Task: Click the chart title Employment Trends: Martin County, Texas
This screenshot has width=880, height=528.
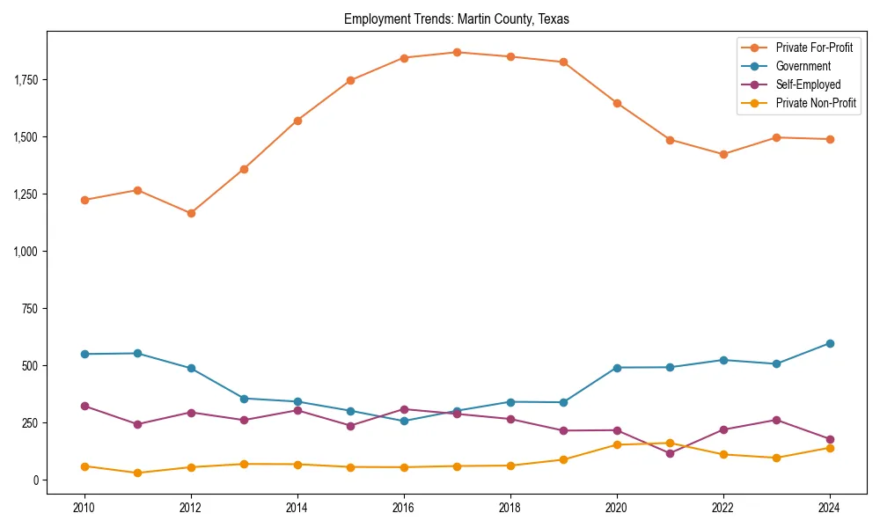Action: coord(457,19)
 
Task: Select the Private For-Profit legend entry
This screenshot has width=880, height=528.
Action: coord(813,48)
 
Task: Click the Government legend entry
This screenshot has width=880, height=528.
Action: coord(803,66)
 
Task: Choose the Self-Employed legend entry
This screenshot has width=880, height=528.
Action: coord(808,84)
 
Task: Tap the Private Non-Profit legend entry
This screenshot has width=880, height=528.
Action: coord(816,103)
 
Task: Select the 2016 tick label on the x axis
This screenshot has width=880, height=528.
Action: coord(404,508)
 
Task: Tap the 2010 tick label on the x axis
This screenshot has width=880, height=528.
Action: coord(84,508)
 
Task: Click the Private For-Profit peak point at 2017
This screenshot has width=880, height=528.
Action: coord(457,52)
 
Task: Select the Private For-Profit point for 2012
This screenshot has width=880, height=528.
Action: coord(191,213)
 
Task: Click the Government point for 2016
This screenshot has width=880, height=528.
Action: coord(404,421)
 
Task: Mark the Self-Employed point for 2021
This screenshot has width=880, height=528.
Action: coord(670,453)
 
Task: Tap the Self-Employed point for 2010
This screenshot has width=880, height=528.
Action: coord(84,406)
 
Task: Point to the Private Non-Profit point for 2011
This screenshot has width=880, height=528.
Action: coord(137,473)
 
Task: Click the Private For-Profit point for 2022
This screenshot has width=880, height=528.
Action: coord(723,154)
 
